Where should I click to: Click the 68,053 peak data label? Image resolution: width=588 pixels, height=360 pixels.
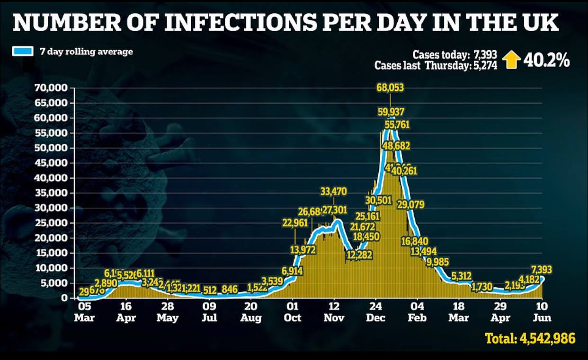390,88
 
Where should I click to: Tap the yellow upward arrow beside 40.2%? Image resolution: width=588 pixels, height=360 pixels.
511,60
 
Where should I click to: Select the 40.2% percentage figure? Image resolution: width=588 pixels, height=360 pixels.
547,61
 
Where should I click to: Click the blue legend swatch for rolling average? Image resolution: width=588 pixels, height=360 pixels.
23,52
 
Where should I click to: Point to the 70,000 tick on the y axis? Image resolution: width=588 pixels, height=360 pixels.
53,88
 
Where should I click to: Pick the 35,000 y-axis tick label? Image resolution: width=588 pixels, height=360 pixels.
53,193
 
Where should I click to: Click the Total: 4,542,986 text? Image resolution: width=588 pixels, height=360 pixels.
530,338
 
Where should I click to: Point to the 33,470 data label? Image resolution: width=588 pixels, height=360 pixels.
334,192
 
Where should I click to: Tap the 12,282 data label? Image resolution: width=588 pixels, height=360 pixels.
359,255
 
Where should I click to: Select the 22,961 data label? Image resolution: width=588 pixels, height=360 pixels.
295,223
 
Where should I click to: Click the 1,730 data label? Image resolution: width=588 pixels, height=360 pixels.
482,287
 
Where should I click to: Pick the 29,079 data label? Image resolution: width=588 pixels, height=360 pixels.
410,205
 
